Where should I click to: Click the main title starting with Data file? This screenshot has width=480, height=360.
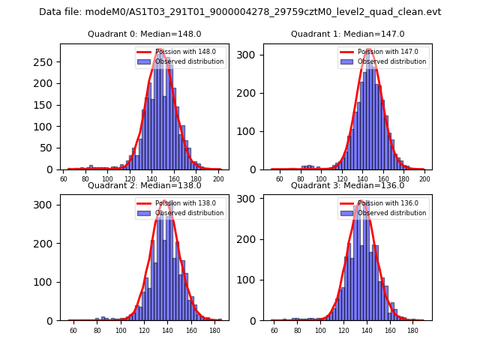(x=240, y=12)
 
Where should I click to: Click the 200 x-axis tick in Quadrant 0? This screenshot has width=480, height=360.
(x=218, y=180)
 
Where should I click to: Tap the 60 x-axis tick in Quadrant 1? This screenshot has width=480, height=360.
(x=279, y=180)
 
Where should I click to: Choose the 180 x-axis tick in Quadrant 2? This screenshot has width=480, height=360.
(x=193, y=331)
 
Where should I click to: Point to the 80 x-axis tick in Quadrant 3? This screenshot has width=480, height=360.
(x=297, y=331)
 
